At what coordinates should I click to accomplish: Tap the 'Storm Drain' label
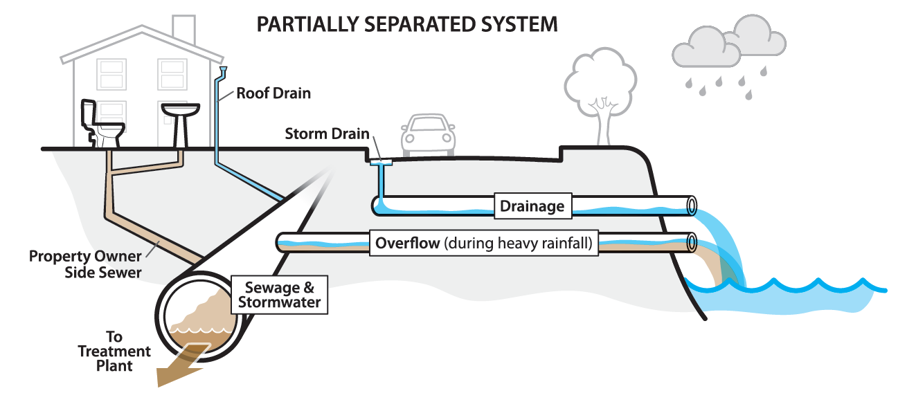(x=327, y=134)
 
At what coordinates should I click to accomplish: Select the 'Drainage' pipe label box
(x=532, y=205)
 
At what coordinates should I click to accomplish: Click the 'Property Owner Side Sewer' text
(x=85, y=264)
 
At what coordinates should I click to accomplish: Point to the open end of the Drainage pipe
(x=691, y=205)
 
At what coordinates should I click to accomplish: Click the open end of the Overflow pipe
(x=691, y=244)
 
